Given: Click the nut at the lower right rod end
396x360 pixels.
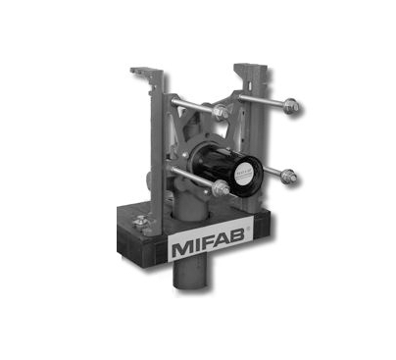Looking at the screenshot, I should click(x=290, y=177).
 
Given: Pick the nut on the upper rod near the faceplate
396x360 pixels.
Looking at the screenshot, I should click(x=222, y=112).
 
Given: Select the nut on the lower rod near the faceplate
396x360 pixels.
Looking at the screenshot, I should click(x=221, y=186).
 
